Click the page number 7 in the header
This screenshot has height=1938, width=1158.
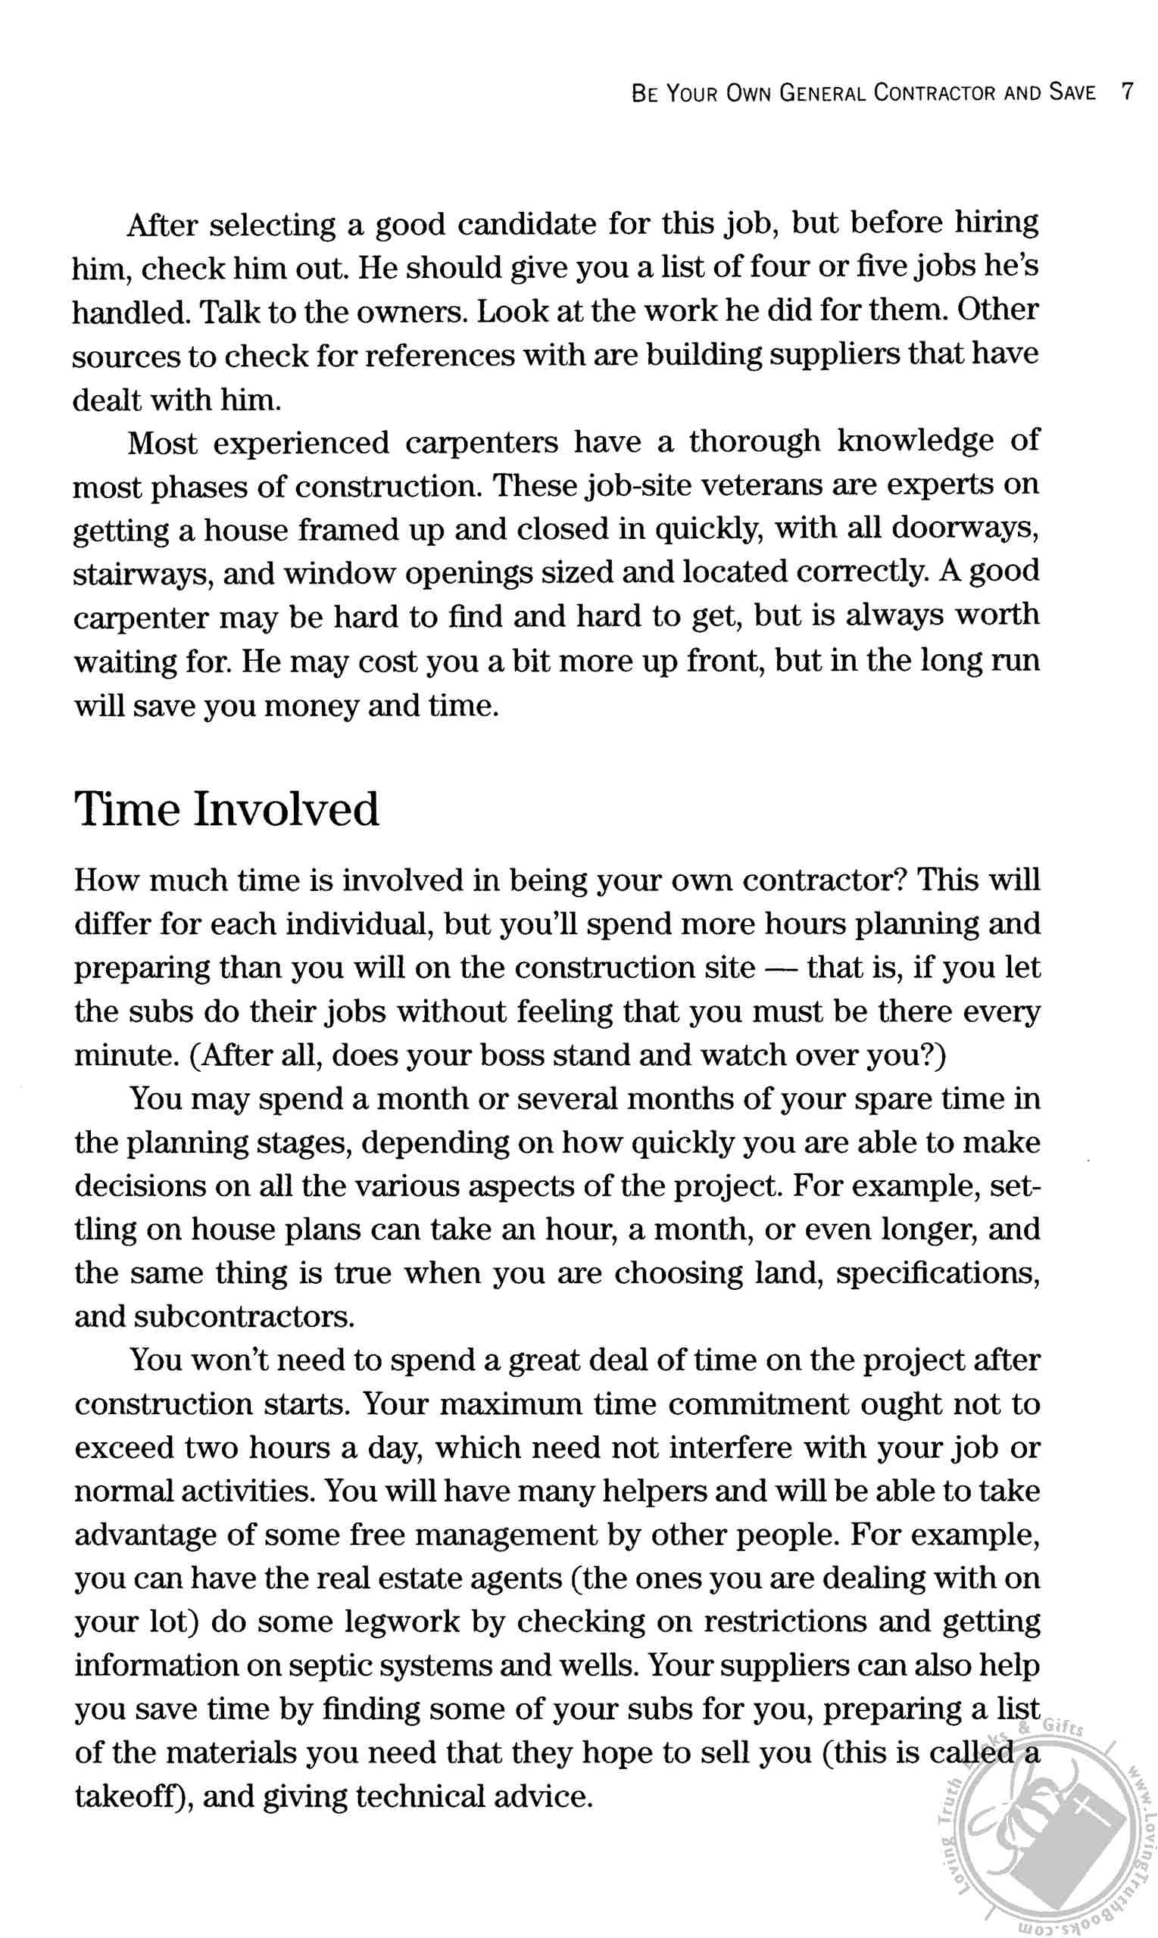1126,92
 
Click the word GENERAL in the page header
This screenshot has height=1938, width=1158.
822,94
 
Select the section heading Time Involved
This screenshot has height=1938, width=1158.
226,809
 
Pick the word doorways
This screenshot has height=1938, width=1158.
963,528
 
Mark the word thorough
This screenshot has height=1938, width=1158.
754,442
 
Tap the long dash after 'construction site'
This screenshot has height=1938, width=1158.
780,968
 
